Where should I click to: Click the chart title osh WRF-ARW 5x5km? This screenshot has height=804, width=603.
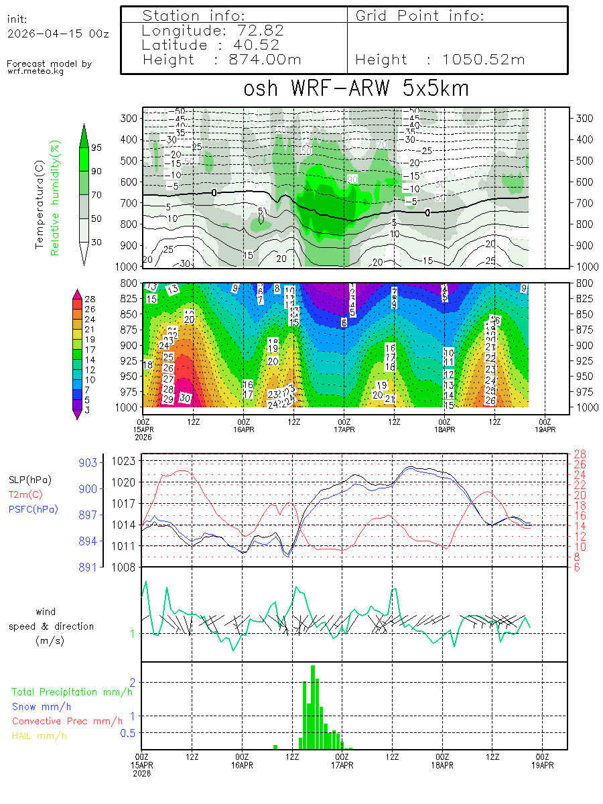click(355, 89)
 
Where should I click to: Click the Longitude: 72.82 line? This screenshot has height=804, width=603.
click(213, 31)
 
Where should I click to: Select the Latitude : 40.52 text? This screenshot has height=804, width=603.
click(212, 45)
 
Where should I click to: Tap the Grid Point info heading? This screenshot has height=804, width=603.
click(420, 15)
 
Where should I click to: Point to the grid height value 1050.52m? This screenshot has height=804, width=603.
click(484, 60)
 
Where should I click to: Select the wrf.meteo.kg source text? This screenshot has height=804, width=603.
click(36, 71)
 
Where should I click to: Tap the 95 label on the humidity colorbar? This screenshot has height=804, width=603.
click(96, 147)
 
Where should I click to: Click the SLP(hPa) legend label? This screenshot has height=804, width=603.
click(30, 480)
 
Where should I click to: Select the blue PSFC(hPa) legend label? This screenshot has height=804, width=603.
click(33, 509)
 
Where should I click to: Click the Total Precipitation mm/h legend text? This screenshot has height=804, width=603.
click(72, 691)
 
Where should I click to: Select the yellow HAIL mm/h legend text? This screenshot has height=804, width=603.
click(40, 736)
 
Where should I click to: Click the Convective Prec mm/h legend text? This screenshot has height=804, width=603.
click(67, 721)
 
